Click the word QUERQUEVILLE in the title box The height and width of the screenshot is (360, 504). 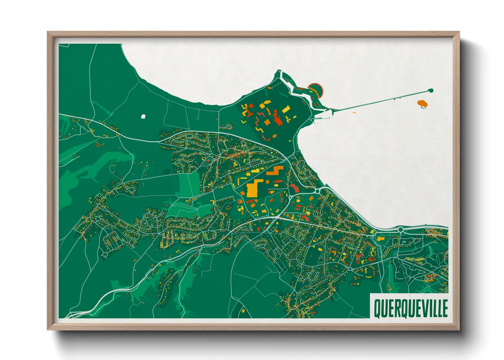click(411, 308)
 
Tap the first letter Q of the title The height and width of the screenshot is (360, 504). click(377, 308)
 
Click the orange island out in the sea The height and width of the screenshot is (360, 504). click(422, 102)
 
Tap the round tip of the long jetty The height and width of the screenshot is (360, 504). click(431, 90)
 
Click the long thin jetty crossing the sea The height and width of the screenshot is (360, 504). click(381, 100)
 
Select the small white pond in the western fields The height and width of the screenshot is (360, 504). click(143, 116)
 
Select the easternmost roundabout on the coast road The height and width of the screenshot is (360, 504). click(400, 230)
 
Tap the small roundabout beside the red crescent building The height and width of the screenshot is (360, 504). click(290, 197)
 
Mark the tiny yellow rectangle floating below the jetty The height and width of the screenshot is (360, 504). click(354, 112)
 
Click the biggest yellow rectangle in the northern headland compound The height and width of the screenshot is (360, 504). click(286, 109)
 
